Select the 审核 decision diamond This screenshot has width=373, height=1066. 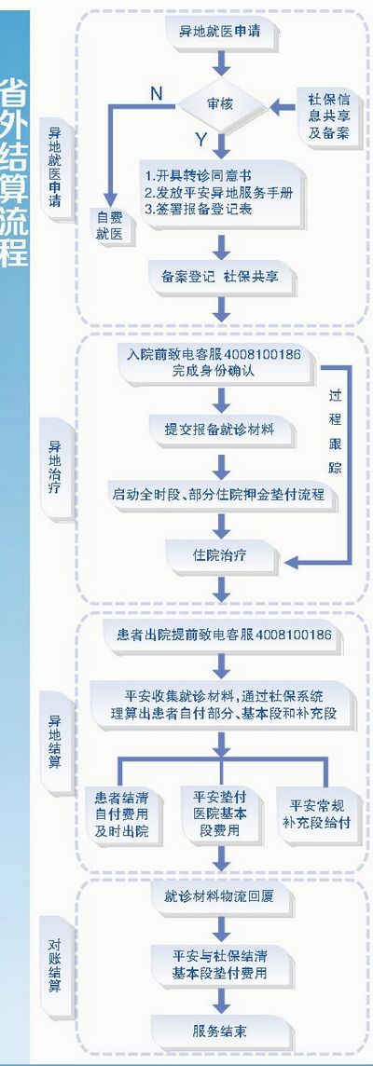(220, 105)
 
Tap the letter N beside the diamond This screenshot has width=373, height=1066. (156, 92)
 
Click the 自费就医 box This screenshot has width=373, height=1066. (110, 225)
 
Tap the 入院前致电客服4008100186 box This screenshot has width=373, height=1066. (220, 362)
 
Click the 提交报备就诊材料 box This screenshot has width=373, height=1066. (220, 430)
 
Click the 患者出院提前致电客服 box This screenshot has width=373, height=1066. (220, 635)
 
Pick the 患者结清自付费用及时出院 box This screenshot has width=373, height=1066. (122, 813)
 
